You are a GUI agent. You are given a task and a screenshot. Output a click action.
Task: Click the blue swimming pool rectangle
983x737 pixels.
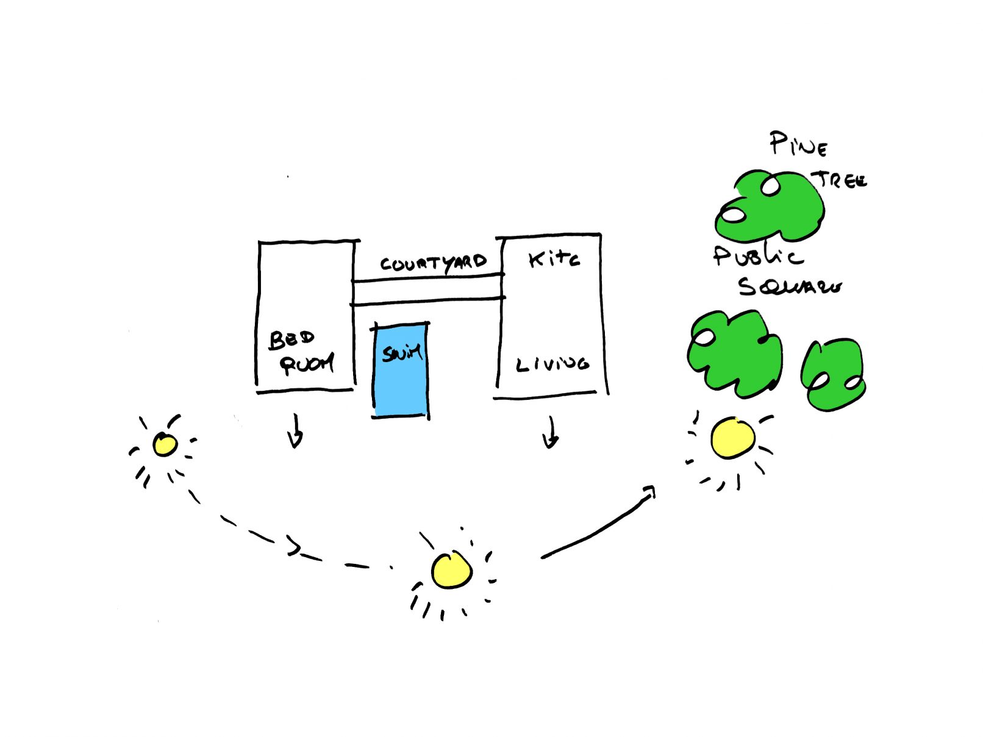coord(400,378)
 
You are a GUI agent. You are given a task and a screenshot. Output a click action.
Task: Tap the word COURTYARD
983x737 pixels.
coord(433,263)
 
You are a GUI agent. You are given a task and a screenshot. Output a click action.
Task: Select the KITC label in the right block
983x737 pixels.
coord(554,260)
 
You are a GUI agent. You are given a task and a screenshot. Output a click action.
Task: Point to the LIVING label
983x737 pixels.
coord(552,364)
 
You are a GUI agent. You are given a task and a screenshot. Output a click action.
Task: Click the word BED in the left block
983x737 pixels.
coord(291,340)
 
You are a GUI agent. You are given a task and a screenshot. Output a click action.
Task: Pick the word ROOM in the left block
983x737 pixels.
coord(307,365)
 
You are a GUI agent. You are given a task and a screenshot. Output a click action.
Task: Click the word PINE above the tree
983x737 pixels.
coord(798,144)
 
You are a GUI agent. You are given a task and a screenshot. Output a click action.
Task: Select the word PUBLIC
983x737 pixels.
coord(757,256)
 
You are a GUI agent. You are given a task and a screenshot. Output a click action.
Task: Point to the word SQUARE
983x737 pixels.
coord(789,286)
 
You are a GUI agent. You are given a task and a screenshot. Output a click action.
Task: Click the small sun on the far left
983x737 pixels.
coord(165,444)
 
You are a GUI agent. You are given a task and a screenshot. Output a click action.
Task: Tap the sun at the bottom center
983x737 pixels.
coord(451,571)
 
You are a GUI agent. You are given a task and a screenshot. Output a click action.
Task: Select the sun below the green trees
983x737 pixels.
coord(732,438)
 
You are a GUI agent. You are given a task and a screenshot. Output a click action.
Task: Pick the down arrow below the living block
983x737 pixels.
coord(551,433)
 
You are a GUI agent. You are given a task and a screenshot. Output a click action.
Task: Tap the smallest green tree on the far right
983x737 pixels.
coord(833,374)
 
